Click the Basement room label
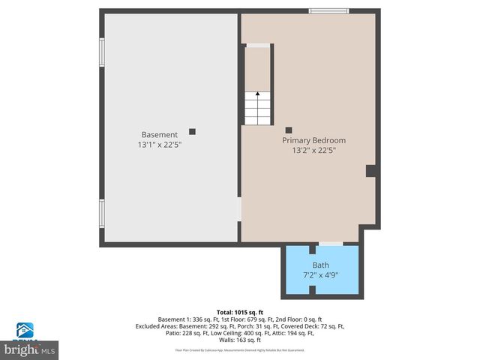click(x=159, y=135)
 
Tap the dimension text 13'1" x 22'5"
click(x=159, y=144)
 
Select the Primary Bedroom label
click(x=313, y=140)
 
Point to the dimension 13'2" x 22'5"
click(x=313, y=150)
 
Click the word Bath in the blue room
click(x=321, y=265)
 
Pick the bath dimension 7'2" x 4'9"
click(x=321, y=274)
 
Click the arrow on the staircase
click(x=257, y=96)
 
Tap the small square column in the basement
click(x=192, y=131)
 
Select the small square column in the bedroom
click(x=289, y=130)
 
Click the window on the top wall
click(x=329, y=10)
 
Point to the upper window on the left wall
click(x=102, y=52)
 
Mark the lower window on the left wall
click(x=102, y=213)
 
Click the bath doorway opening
click(x=331, y=244)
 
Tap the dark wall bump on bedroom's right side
click(x=370, y=171)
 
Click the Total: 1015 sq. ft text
click(x=239, y=312)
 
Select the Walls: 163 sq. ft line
click(x=239, y=340)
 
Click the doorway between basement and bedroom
click(x=240, y=209)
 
